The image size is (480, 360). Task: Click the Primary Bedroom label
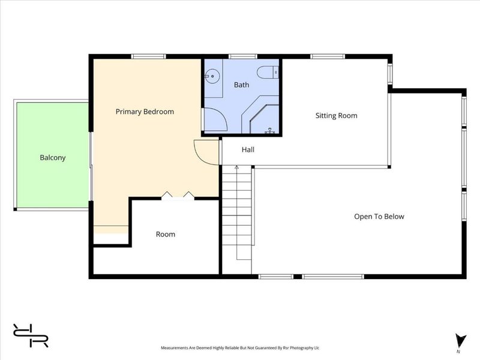click(145, 112)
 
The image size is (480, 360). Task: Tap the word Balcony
click(53, 158)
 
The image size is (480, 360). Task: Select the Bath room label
click(242, 85)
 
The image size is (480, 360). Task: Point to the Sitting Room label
click(337, 116)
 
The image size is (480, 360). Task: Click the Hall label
click(248, 149)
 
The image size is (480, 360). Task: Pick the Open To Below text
click(379, 217)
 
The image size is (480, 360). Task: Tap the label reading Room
click(166, 235)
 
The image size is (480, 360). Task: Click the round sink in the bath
click(212, 76)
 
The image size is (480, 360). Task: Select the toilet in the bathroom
click(268, 73)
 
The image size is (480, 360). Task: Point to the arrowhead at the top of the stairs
click(236, 167)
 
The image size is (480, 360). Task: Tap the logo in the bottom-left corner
click(31, 335)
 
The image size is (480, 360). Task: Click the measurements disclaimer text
click(240, 348)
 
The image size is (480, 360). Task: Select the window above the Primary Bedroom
click(149, 56)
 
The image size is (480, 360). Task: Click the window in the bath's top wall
click(243, 56)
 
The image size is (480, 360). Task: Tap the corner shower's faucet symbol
click(269, 131)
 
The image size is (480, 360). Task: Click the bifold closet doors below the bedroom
click(178, 196)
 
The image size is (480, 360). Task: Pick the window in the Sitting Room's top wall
click(328, 56)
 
